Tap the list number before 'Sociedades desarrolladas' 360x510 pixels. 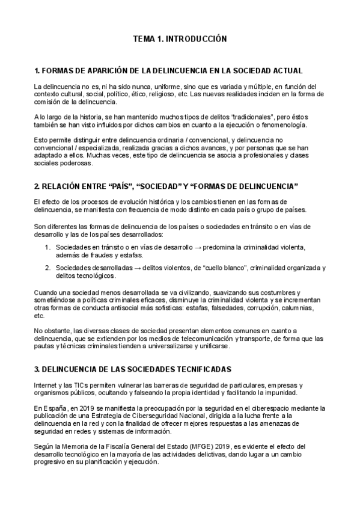pos(48,268)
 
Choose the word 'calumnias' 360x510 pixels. pos(304,307)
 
